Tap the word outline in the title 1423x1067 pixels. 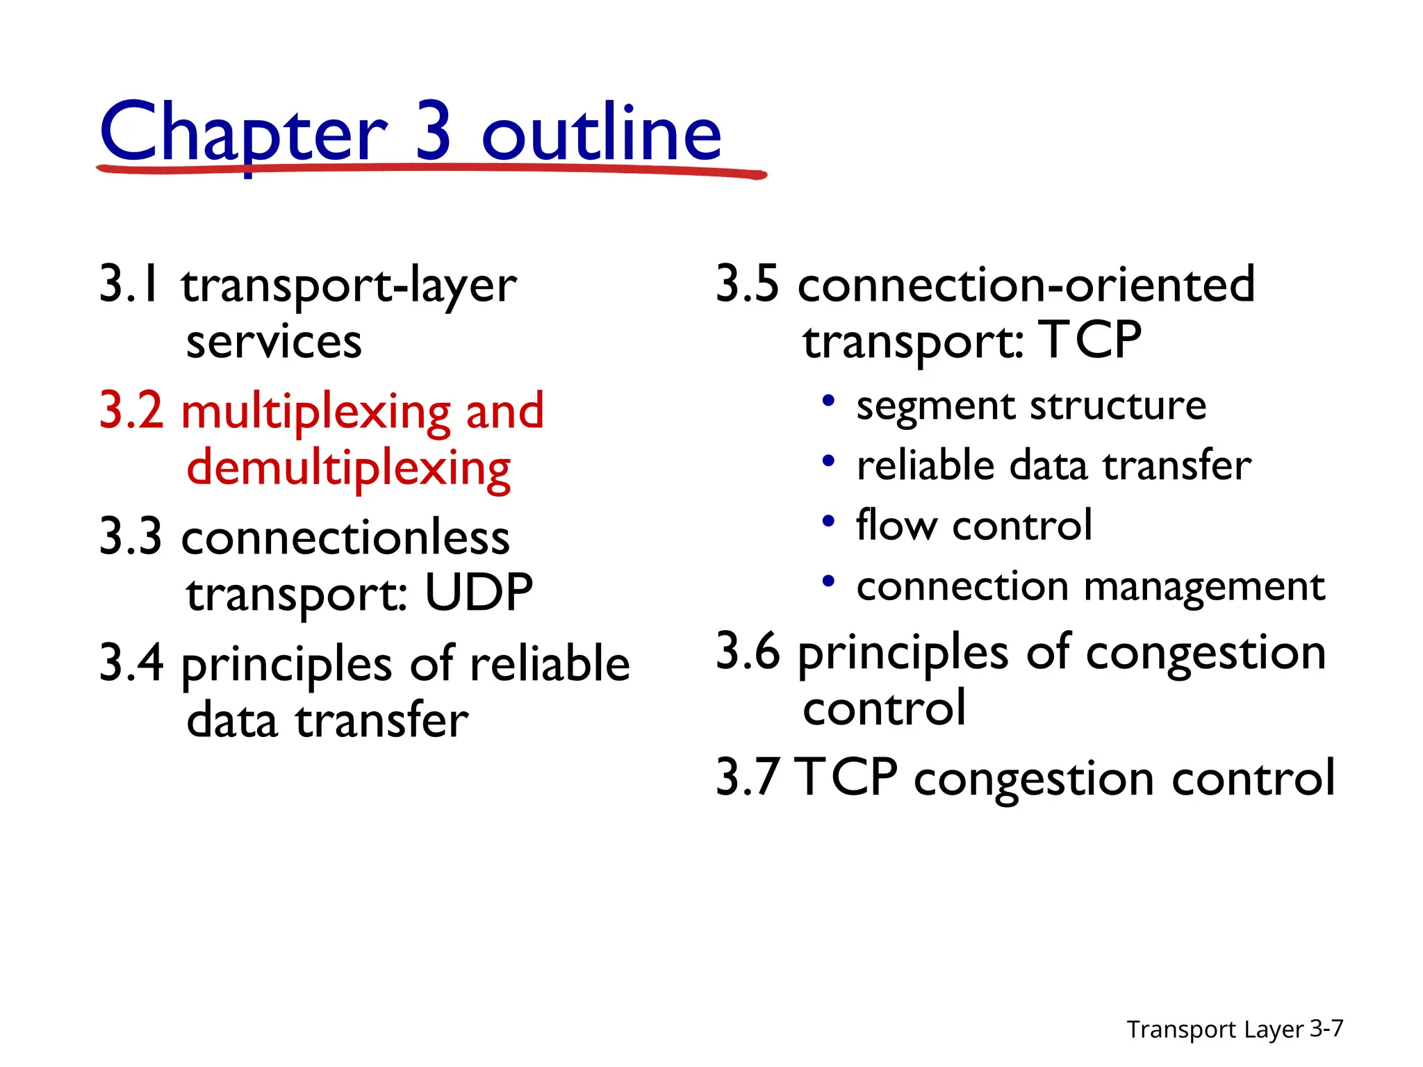pos(602,132)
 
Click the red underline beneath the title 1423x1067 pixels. pos(431,169)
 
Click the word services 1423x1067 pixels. pos(274,342)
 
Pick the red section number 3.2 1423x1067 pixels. pos(131,411)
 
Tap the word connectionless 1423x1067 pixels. pos(345,538)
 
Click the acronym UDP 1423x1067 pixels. pos(479,593)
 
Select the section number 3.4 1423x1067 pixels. pos(131,663)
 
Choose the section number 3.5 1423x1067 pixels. pos(748,284)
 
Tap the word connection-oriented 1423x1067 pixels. pos(1026,284)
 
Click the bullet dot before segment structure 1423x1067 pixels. pos(828,401)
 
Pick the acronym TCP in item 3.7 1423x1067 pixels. pos(846,777)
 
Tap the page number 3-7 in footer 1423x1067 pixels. pos(1326,1028)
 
